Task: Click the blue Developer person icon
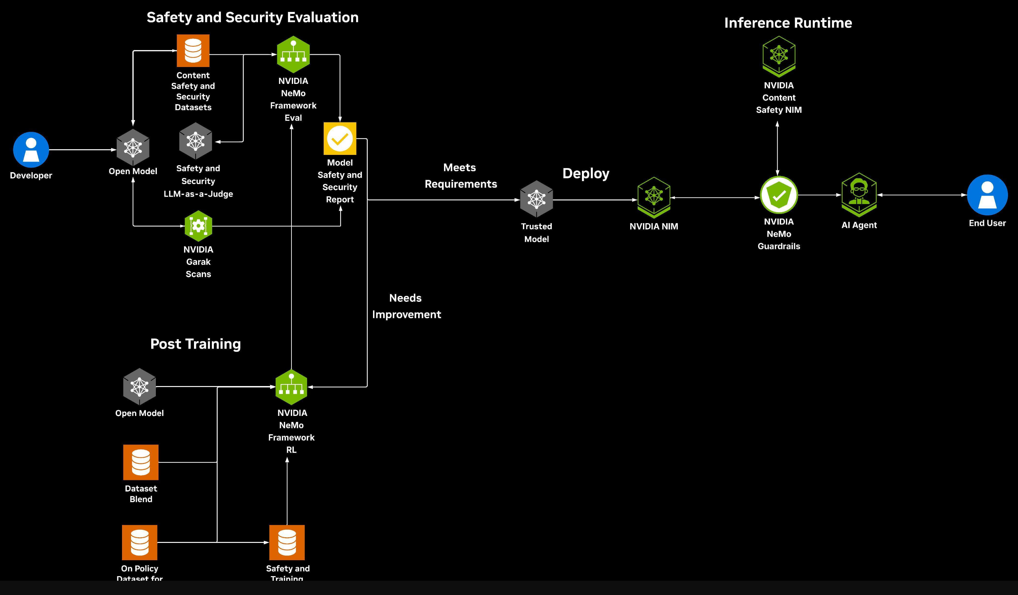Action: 31,150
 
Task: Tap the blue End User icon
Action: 987,195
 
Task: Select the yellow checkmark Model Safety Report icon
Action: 340,139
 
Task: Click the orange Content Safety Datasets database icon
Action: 193,50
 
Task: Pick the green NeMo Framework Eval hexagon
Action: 293,54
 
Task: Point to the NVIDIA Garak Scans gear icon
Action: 198,226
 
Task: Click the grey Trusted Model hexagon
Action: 536,199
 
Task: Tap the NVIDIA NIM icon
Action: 654,197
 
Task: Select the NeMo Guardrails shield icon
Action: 779,195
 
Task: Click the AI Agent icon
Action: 859,195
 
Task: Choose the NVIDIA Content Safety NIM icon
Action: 779,56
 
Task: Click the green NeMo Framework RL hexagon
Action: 291,387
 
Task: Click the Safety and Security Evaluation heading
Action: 252,17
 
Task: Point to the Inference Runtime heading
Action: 788,23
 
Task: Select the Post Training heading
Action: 196,344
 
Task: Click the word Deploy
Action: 585,173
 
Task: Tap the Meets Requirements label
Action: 460,176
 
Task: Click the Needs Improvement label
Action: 406,306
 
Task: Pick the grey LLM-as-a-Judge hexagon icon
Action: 196,141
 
